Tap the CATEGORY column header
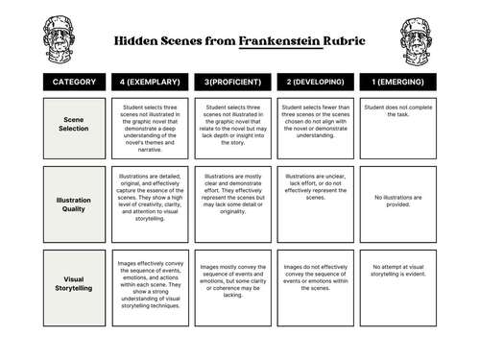tap(74, 83)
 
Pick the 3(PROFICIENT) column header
tap(231, 83)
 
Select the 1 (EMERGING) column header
tap(397, 83)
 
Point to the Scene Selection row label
tap(74, 127)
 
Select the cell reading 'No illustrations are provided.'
tap(397, 202)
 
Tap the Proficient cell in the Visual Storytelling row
tap(231, 281)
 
